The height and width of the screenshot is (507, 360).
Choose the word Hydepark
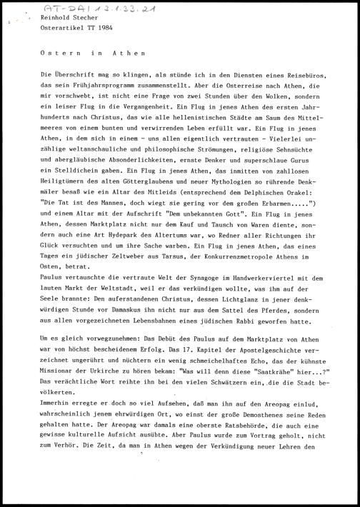pyautogui.click(x=127, y=233)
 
